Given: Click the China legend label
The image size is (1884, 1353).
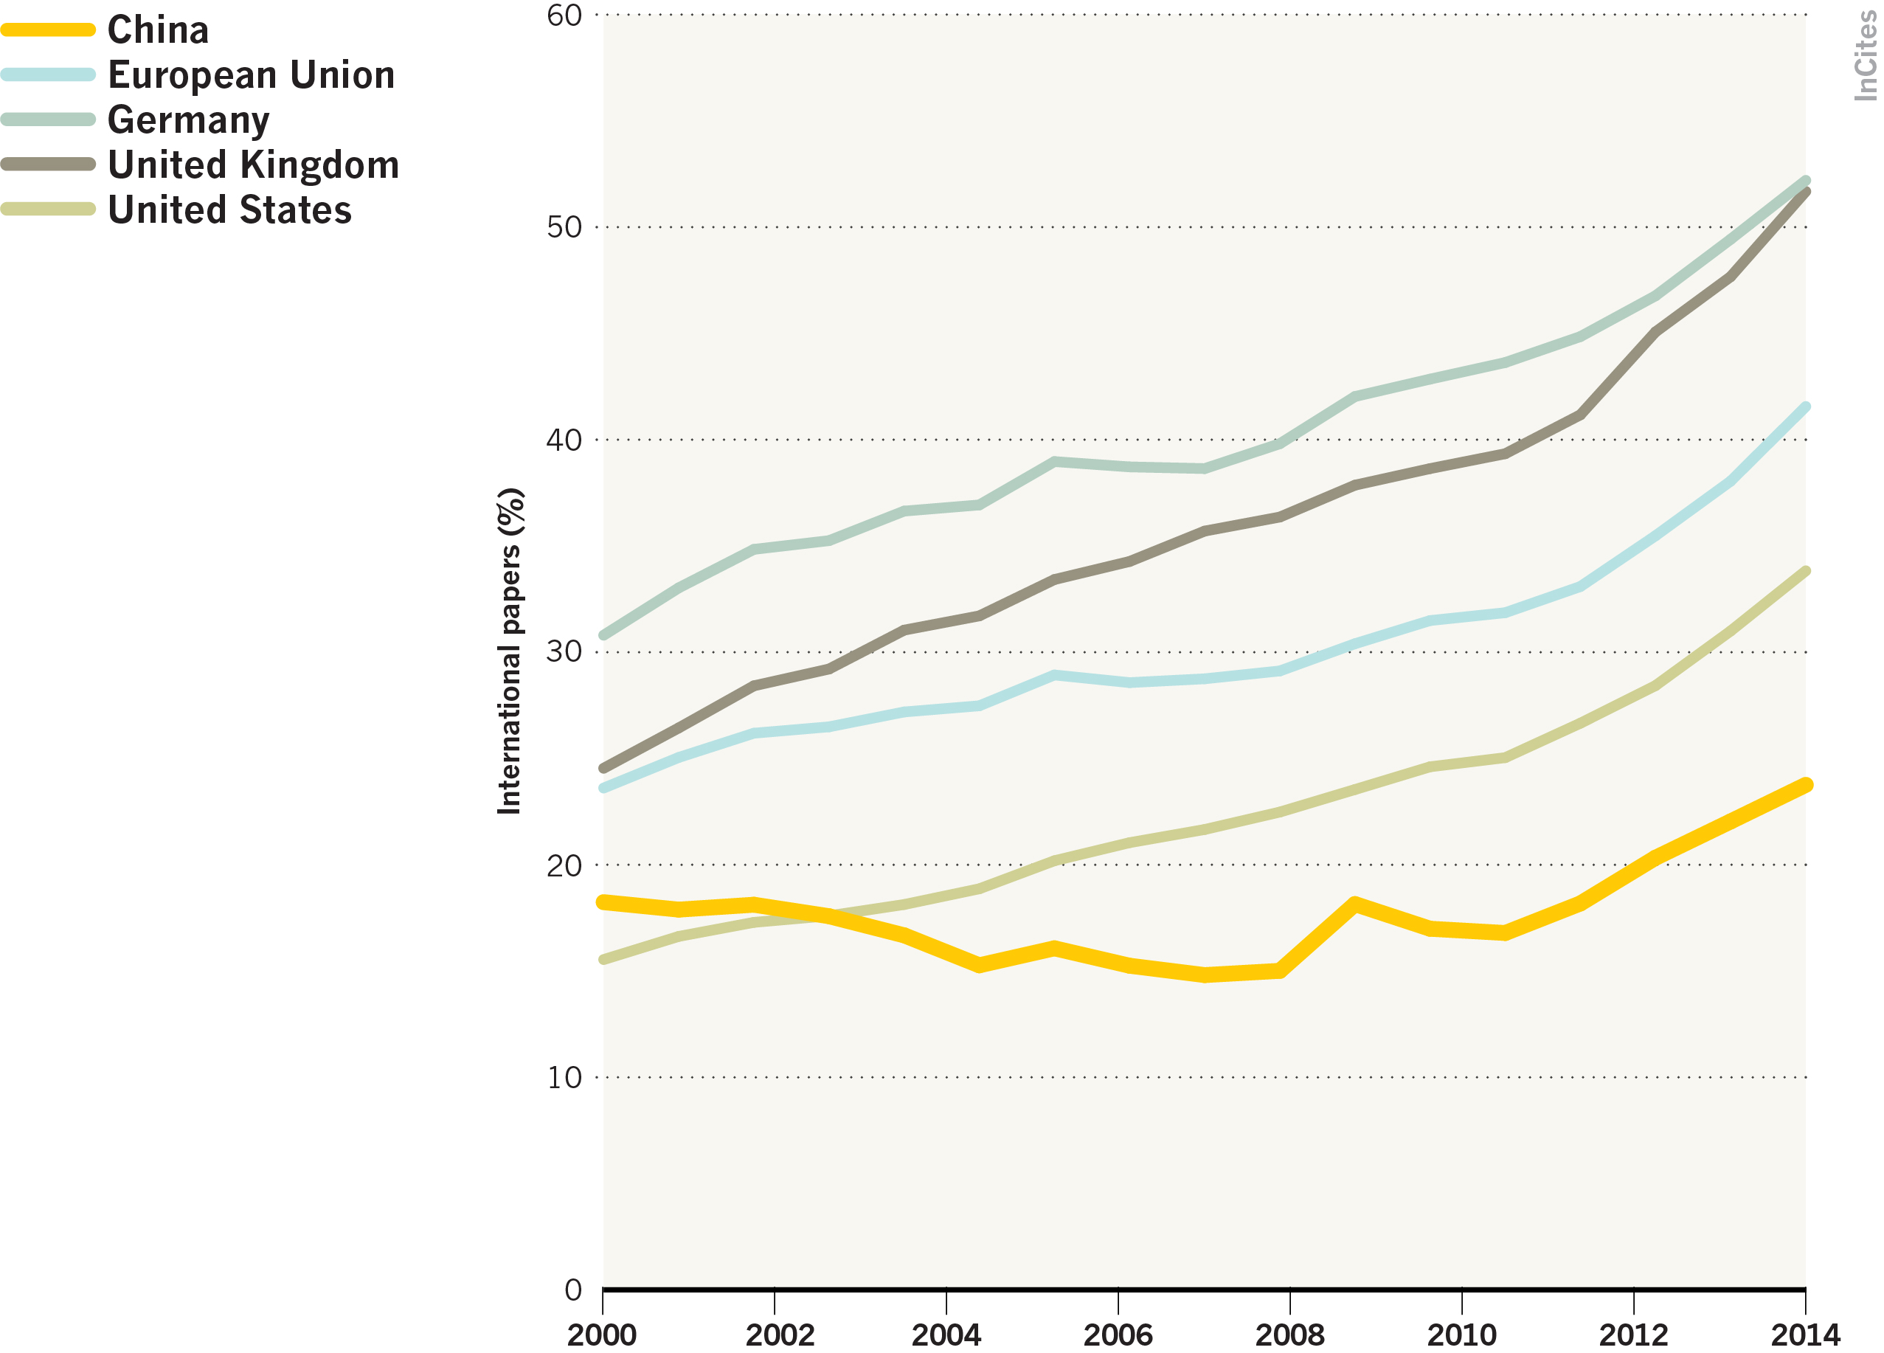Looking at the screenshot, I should coord(158,30).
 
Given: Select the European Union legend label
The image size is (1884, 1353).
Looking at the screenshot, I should coord(251,75).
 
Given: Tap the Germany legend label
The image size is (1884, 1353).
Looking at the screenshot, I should coord(189,120).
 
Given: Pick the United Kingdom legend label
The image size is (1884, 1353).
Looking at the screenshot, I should coord(253,165).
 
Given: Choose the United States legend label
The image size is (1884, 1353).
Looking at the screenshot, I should coord(229,210).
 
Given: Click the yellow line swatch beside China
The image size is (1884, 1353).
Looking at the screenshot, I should coord(48,30).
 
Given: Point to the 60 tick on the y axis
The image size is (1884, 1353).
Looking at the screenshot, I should coord(564,15).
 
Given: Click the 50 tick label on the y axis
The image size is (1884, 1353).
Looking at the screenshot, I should coord(564,227).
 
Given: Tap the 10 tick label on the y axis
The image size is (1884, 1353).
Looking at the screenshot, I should coord(564,1078).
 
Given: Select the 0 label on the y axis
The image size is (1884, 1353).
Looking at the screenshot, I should coord(573,1290).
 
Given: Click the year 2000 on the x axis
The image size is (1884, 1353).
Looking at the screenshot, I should coord(602,1335).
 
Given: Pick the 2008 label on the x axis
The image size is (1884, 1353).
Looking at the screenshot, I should coord(1290,1335).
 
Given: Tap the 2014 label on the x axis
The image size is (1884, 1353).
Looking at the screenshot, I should coord(1805,1335).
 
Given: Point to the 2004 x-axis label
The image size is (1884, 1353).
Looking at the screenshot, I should coord(946,1335).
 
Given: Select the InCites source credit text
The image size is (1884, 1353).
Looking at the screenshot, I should coord(1865,57).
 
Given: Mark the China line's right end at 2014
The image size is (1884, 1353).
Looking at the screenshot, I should coord(1805,785).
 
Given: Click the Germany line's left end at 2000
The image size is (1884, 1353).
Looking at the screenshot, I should coord(604,635).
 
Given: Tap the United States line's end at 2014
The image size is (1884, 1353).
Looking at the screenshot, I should coord(1806,572).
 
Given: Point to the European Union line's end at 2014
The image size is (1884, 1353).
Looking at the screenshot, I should coord(1806,406).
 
